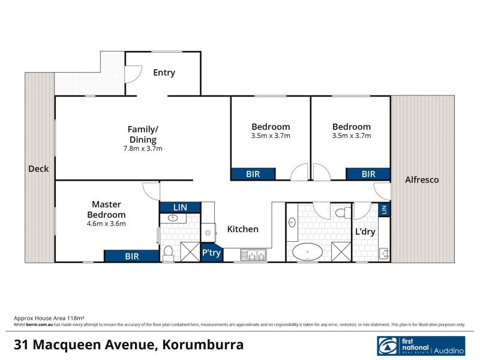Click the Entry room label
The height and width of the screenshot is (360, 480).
[164, 73]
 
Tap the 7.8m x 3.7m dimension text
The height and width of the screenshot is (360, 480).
[142, 148]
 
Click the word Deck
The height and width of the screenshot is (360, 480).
[38, 169]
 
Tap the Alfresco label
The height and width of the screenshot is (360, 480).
[422, 179]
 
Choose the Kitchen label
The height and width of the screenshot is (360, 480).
[242, 229]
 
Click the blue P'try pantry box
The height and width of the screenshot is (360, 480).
[211, 253]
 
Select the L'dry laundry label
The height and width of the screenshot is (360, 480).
[365, 232]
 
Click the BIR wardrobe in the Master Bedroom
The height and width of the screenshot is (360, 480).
[132, 256]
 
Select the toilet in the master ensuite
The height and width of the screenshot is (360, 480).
[169, 251]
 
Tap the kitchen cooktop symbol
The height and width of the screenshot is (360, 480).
[208, 232]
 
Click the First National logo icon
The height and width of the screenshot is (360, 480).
[387, 347]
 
